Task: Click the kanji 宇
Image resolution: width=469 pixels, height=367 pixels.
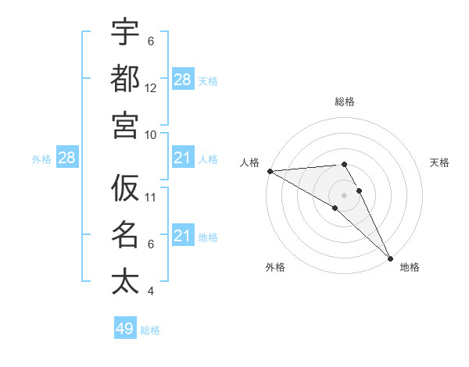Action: (125, 32)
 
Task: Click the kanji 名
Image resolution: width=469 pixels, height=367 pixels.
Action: (125, 234)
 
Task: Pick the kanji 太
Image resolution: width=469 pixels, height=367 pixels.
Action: (125, 281)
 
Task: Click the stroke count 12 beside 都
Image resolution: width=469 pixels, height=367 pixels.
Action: (151, 87)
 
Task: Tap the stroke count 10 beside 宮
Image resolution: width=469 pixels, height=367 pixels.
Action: (151, 134)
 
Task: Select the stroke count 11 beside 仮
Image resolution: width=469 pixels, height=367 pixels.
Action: (151, 197)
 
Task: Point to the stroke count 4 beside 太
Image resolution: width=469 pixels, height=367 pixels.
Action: (150, 291)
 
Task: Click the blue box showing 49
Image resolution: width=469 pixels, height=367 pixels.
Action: (125, 329)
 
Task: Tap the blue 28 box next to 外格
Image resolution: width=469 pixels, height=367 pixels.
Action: (66, 159)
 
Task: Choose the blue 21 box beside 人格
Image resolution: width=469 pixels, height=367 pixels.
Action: (183, 159)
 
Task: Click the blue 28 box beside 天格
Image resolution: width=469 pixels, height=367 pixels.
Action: (183, 80)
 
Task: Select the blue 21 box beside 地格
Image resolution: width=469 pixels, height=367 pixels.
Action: (183, 236)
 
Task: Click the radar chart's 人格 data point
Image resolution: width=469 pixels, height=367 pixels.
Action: (270, 171)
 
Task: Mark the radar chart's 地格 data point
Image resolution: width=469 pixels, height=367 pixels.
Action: (390, 258)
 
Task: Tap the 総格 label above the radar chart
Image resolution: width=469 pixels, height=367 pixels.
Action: (345, 102)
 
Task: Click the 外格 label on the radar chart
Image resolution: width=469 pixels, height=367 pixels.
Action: (275, 268)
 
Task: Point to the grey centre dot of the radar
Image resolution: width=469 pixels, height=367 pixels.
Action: (344, 194)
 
